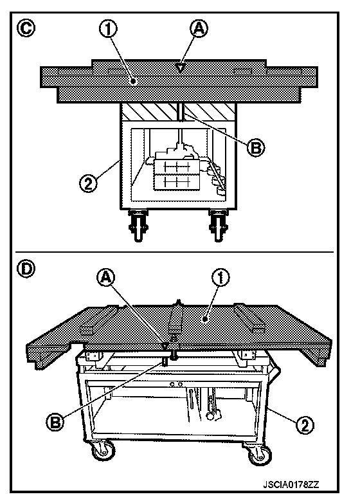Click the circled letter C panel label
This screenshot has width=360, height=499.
point(26,28)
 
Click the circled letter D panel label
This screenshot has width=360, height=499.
point(26,269)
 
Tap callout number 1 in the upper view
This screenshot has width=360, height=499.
point(108,30)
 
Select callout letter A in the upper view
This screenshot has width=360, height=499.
point(199,28)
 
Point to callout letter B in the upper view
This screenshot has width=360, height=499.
point(256,147)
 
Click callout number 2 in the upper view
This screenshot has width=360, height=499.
point(89,183)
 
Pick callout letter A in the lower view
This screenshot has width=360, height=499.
point(106,278)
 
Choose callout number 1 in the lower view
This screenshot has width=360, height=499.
point(221,278)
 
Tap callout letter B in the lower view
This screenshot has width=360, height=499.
point(55,422)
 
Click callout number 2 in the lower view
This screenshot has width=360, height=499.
point(305,425)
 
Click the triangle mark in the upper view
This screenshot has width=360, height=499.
point(180,68)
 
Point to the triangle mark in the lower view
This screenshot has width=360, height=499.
point(165,346)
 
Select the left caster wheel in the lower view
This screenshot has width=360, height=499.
point(103,451)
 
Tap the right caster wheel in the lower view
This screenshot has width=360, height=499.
point(259,455)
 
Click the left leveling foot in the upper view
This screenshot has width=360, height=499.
point(138,225)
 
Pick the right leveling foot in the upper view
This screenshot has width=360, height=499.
point(218,225)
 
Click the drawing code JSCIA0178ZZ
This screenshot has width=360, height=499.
point(291,485)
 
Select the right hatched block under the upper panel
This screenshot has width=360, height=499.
point(210,111)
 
